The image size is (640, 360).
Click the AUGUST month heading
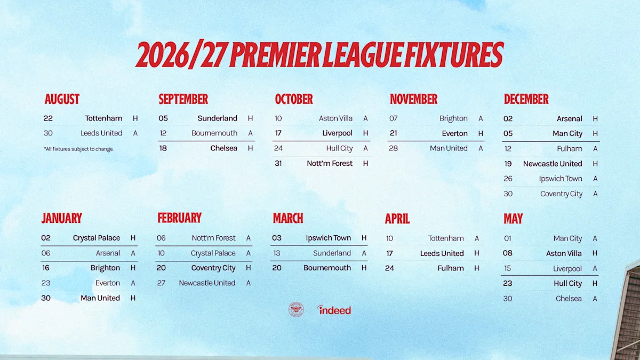click(x=62, y=99)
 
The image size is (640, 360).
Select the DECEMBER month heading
click(x=526, y=99)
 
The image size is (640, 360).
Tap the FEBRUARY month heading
click(x=179, y=218)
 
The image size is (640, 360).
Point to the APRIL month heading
click(x=397, y=219)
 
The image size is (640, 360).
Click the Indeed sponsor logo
click(x=334, y=310)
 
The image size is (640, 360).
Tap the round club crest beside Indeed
click(x=296, y=309)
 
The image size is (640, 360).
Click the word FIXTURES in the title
click(x=454, y=54)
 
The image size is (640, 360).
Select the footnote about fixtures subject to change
click(x=78, y=149)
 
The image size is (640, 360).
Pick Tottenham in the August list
click(x=103, y=118)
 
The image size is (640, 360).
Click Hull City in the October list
click(x=339, y=148)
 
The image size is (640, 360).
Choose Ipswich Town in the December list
click(x=561, y=179)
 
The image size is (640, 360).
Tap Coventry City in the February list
click(x=213, y=268)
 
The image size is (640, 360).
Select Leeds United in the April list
click(x=442, y=253)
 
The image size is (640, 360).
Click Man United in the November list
click(x=449, y=148)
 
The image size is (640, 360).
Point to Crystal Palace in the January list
click(x=97, y=238)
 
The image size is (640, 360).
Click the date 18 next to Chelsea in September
click(x=163, y=148)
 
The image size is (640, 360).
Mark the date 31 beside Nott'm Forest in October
click(x=278, y=163)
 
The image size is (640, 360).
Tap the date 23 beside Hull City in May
click(x=507, y=283)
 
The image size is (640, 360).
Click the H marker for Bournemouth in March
click(x=364, y=268)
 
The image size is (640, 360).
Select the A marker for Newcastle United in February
click(x=249, y=283)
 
